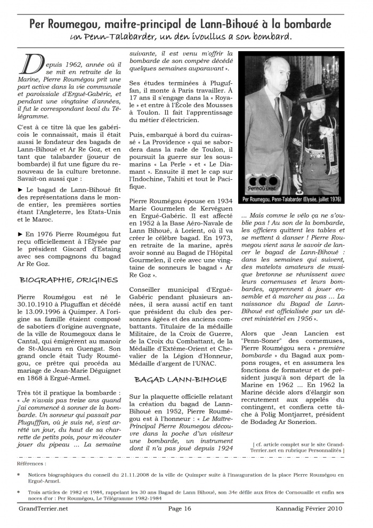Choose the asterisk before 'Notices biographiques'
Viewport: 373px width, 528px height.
(x=19, y=474)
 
